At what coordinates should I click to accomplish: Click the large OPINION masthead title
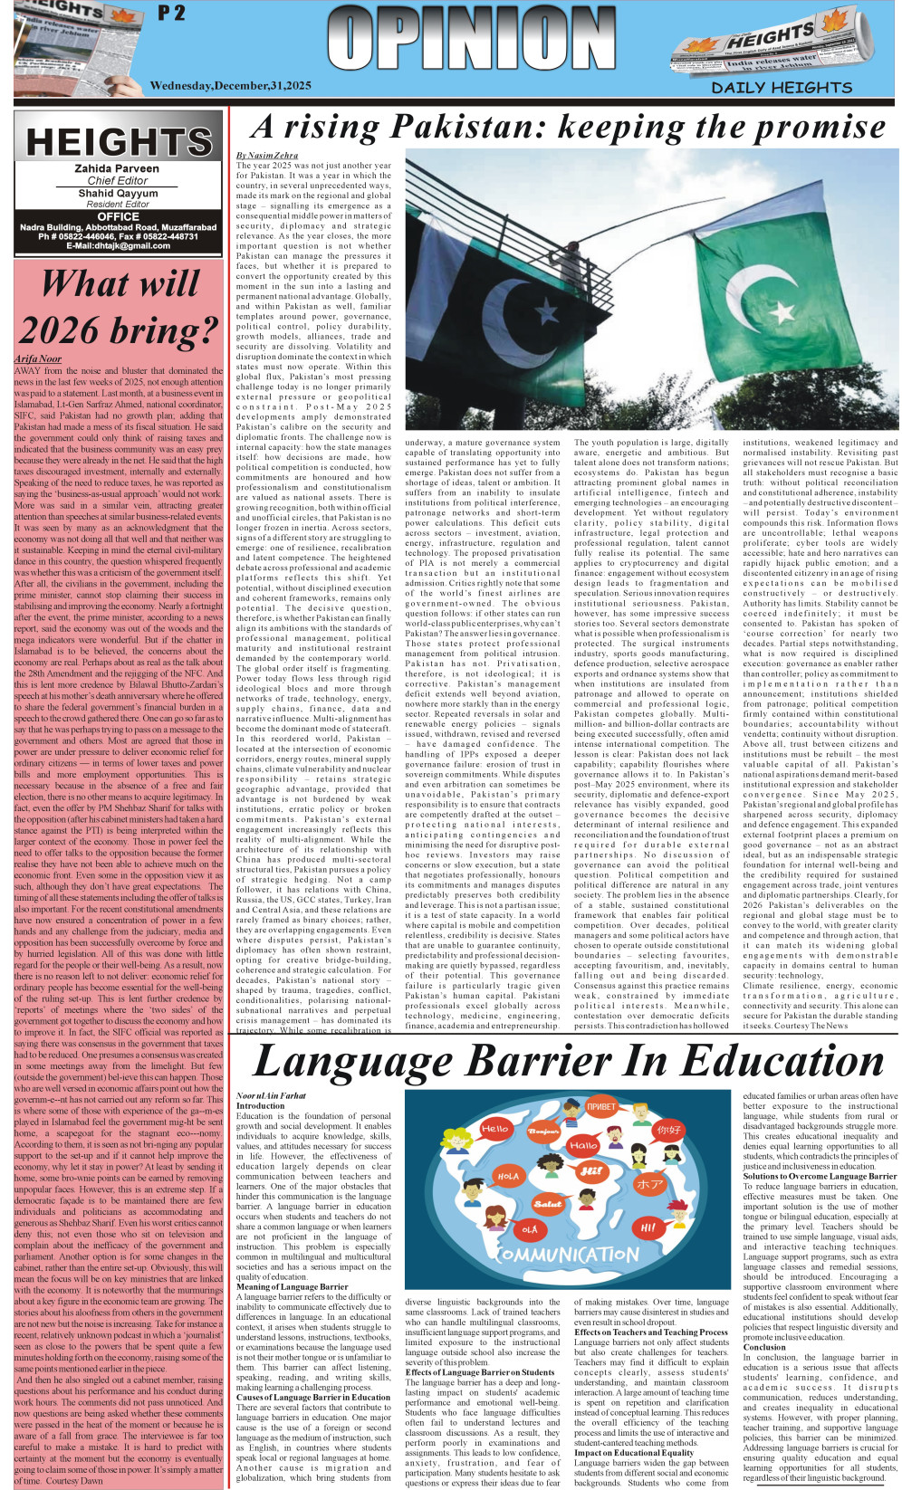pyautogui.click(x=471, y=40)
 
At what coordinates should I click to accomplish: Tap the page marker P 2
pyautogui.click(x=171, y=14)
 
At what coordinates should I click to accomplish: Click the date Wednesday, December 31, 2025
pyautogui.click(x=230, y=86)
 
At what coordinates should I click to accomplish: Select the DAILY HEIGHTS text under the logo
pyautogui.click(x=782, y=88)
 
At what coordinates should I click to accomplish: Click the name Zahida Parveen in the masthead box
pyautogui.click(x=117, y=168)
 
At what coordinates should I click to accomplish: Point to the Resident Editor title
pyautogui.click(x=117, y=205)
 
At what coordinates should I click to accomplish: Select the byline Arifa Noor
pyautogui.click(x=38, y=359)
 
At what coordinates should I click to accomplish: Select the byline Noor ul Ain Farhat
pyautogui.click(x=271, y=1096)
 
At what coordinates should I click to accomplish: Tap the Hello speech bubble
pyautogui.click(x=494, y=1129)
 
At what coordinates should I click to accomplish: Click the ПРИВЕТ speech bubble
pyautogui.click(x=600, y=1106)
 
